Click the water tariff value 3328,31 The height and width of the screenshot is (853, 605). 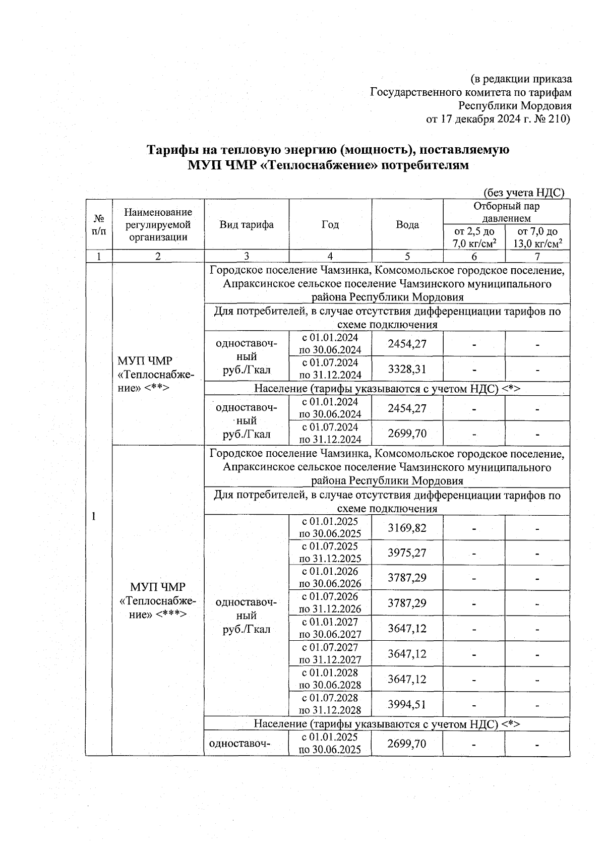407,369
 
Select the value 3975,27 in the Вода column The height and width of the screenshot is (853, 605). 407,553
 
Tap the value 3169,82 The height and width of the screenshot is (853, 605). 407,528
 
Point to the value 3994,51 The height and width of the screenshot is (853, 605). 407,704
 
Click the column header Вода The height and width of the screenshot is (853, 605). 407,225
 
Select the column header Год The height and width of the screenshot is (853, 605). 330,225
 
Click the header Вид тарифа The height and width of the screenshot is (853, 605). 246,225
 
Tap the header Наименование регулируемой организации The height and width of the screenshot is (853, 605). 158,225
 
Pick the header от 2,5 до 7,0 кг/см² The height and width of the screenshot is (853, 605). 474,237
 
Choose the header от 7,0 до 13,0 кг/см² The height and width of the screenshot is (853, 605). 537,237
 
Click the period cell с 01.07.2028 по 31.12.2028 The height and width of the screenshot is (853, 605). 330,704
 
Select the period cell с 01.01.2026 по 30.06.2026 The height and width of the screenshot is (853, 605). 330,578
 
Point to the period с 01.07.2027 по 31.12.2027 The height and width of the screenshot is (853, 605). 330,654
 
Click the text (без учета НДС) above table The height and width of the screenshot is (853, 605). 523,193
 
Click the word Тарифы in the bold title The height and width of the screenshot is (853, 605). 169,150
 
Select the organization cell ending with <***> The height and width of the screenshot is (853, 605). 158,600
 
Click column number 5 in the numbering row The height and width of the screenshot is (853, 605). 407,256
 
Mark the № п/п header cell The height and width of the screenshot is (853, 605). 99,225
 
